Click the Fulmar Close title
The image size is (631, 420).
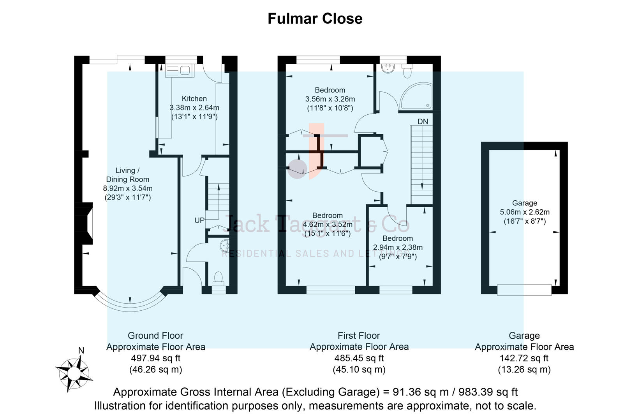315,19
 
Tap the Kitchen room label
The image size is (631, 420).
194,99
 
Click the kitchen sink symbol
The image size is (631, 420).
178,70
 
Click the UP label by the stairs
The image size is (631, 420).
199,220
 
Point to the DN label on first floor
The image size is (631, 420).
423,122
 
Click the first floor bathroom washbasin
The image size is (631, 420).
388,68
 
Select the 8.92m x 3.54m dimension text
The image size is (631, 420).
128,189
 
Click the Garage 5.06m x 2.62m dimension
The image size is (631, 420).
525,212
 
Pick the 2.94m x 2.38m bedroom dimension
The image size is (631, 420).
398,247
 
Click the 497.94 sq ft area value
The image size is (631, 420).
155,358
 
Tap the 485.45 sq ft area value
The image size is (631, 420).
359,358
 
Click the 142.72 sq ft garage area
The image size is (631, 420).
524,358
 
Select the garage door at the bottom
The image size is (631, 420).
524,290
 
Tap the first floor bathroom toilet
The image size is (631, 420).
407,72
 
